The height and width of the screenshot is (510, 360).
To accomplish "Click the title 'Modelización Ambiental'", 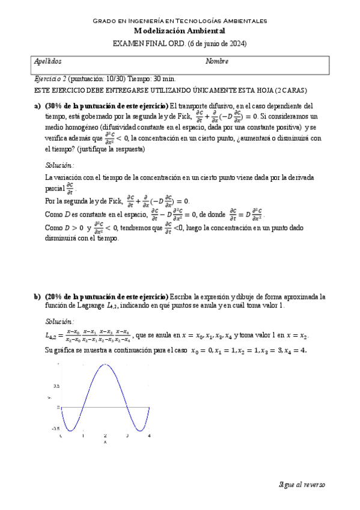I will [179, 31].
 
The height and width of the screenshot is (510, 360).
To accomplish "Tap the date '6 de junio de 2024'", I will [217, 43].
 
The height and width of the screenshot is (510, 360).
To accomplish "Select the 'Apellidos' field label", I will [48, 62].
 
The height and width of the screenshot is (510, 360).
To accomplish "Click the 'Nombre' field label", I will [217, 62].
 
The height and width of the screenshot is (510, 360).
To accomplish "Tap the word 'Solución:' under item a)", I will [60, 165].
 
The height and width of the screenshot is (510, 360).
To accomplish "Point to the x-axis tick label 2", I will [105, 435].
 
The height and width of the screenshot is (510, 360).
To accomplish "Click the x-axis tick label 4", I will [148, 435].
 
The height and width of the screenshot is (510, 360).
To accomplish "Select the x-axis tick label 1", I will [83, 435].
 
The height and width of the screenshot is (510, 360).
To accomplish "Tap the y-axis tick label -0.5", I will [55, 429].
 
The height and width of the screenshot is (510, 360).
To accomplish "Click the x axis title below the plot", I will [105, 442].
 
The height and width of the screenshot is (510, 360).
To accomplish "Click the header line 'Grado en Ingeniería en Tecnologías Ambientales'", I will [179, 21].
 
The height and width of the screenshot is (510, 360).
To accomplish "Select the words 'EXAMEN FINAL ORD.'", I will [149, 43].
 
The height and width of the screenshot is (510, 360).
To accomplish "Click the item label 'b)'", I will [37, 296].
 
